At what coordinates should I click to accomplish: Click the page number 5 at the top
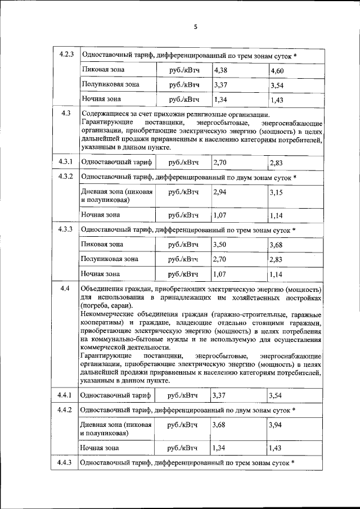click(x=196, y=26)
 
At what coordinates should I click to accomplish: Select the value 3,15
click(x=277, y=193)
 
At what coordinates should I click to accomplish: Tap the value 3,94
click(x=277, y=425)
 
